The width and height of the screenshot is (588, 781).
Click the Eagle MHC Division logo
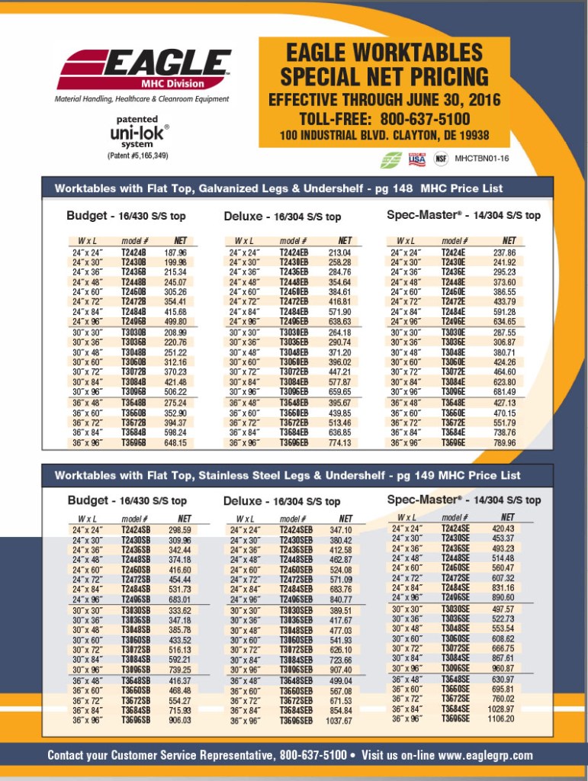(143, 69)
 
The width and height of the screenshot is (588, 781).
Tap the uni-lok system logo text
(138, 133)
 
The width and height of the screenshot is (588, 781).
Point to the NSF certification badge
(441, 159)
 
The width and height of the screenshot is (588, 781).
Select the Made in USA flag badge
(417, 159)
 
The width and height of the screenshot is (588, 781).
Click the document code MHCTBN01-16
(481, 159)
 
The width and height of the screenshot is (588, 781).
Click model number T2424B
(133, 252)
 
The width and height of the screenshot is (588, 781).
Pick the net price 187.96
(175, 252)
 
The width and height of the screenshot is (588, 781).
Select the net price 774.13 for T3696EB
(339, 443)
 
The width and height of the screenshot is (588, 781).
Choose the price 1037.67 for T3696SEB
(339, 721)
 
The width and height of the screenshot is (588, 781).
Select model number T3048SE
(455, 628)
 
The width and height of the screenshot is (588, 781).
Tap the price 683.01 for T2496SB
(179, 599)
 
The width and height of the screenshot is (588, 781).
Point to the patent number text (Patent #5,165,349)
(138, 156)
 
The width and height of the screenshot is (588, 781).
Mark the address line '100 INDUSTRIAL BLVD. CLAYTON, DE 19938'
(384, 137)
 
